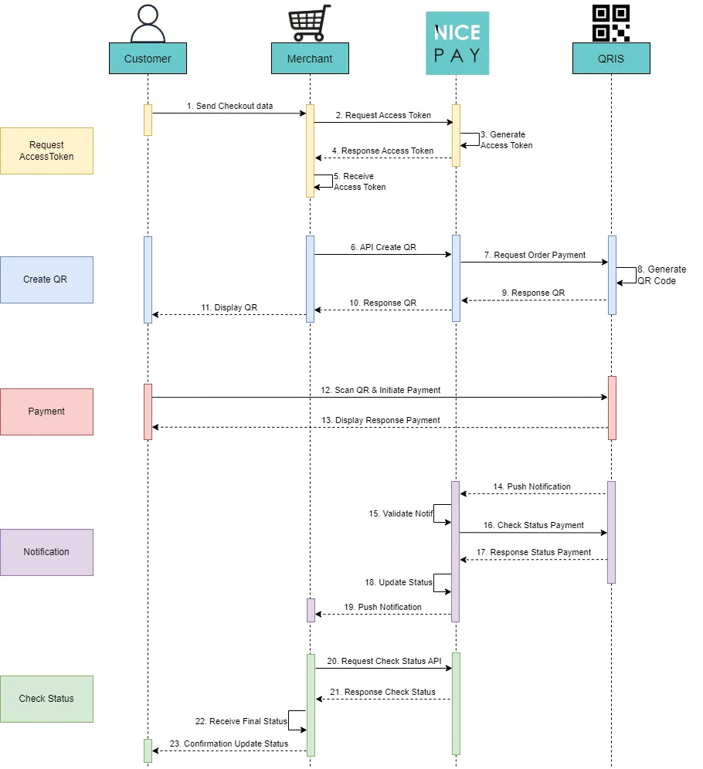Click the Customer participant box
[x=148, y=59]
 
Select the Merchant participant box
[x=310, y=59]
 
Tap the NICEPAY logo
[x=457, y=43]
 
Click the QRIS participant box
[x=611, y=59]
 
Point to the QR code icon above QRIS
[x=611, y=22]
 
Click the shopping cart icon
[x=310, y=22]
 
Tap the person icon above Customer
[x=148, y=24]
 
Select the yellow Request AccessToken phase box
[x=46, y=151]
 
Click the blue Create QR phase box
[x=46, y=279]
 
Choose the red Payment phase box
[x=46, y=412]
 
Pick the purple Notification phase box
[x=46, y=552]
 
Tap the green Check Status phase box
[x=46, y=699]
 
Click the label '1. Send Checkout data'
[x=229, y=106]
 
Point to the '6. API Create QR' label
[x=383, y=247]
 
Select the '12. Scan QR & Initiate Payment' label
[x=381, y=390]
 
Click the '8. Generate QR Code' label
[x=661, y=275]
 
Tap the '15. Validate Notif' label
[x=400, y=513]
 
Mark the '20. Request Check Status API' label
[x=383, y=661]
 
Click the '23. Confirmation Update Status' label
[x=229, y=744]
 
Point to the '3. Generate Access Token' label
[x=506, y=140]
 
